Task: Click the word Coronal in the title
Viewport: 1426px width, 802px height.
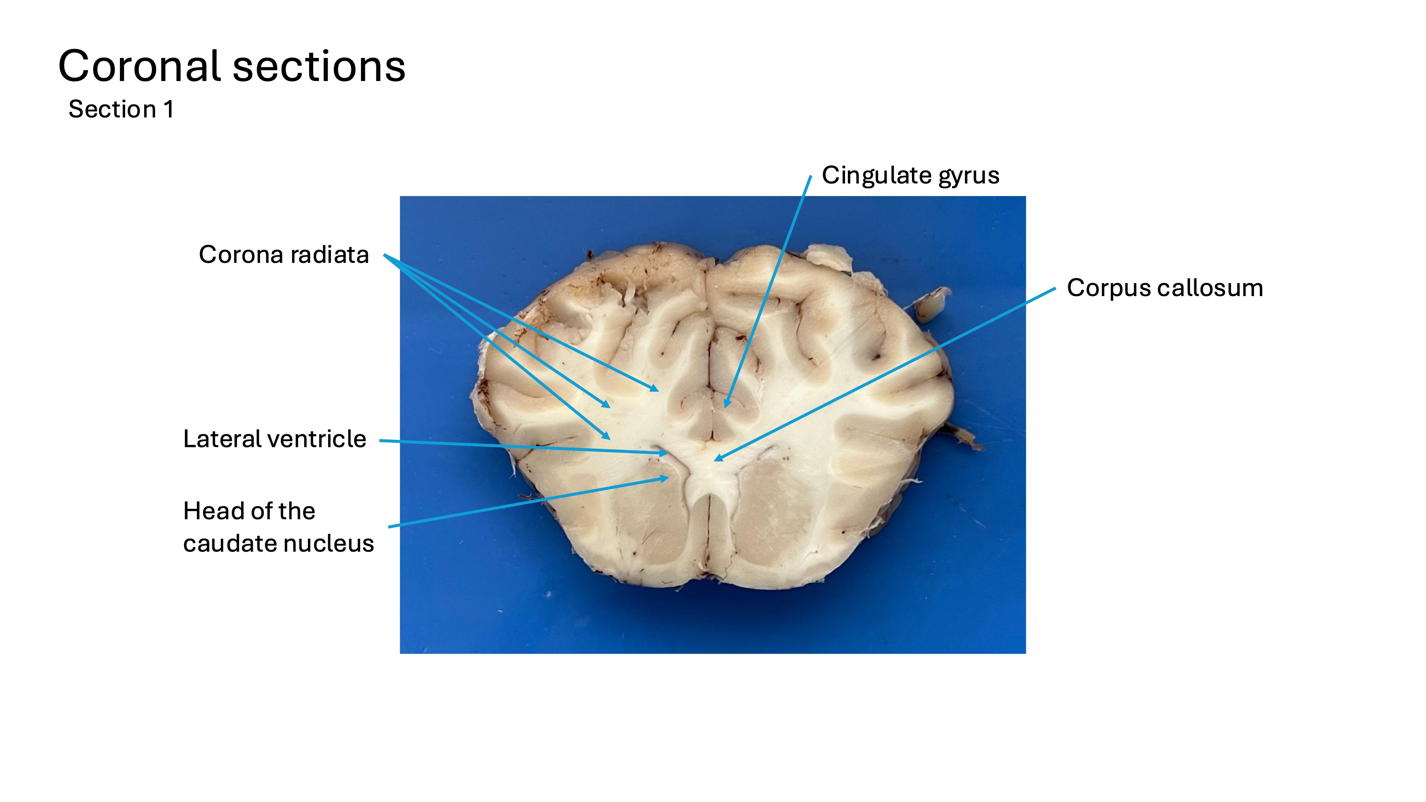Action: pos(141,66)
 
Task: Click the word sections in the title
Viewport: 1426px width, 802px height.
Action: pos(319,66)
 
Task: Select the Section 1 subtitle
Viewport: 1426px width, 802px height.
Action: pos(121,109)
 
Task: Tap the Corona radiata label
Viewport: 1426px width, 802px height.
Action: pos(284,255)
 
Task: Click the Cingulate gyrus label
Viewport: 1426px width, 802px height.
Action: pos(910,175)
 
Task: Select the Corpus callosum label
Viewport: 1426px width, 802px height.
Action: pos(1165,288)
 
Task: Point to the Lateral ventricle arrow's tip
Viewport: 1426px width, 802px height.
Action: pos(668,453)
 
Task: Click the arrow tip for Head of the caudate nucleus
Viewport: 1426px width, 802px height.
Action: pos(669,478)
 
